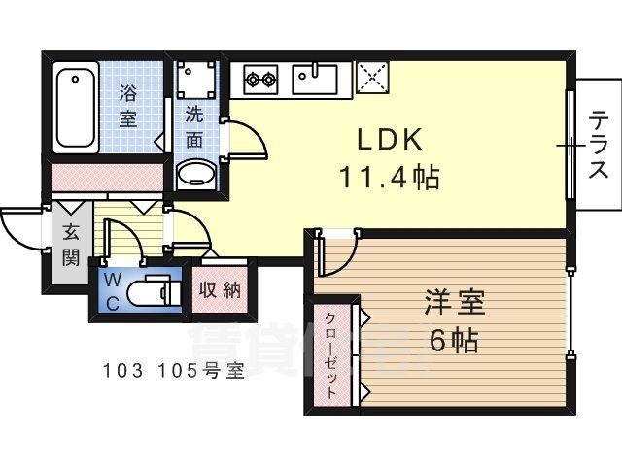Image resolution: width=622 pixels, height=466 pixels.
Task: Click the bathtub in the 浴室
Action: coord(76,107)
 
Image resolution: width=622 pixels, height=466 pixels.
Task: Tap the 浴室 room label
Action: coord(128,107)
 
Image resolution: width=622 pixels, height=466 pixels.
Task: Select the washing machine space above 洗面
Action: coord(196,80)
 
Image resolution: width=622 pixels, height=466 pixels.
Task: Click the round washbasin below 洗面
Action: coord(196,174)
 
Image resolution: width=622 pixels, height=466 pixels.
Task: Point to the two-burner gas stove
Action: coord(260,80)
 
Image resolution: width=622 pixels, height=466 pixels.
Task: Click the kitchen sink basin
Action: coord(315,80)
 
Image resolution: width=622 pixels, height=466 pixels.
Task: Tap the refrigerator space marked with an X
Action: coord(372,78)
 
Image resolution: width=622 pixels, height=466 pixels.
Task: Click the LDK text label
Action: coord(389,140)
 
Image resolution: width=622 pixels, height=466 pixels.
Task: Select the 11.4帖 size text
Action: coord(389,177)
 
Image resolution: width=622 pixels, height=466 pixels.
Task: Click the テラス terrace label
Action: coord(599,145)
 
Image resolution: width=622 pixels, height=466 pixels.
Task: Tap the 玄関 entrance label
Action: coord(71,245)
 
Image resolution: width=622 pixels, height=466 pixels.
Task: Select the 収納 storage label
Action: coord(220,291)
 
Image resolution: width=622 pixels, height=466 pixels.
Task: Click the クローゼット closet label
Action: coord(331,355)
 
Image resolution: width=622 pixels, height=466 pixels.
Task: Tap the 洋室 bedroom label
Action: coord(455,303)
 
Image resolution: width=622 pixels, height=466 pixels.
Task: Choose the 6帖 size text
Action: coord(455,341)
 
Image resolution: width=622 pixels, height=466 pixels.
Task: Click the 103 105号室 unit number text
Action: coord(173,371)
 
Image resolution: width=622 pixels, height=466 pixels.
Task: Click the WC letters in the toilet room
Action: coord(113,292)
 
